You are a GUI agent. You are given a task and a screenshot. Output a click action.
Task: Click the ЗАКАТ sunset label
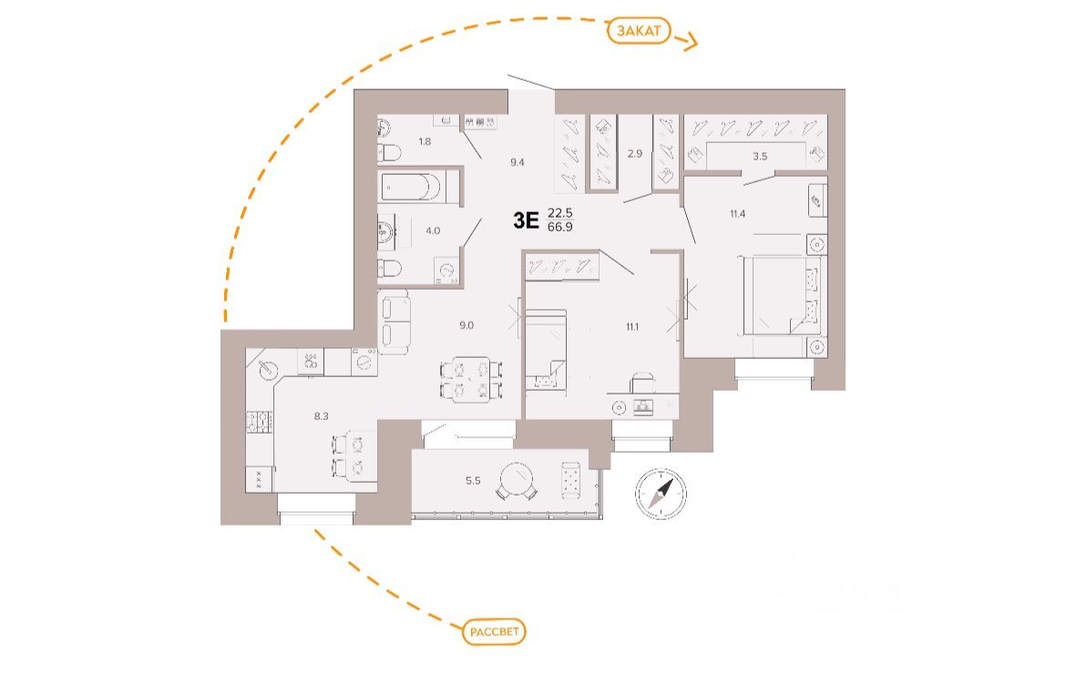point(640,31)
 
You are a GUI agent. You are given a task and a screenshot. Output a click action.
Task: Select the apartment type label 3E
point(527,219)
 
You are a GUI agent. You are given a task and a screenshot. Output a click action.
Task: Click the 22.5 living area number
point(559,213)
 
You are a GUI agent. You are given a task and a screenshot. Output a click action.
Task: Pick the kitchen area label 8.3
point(322,416)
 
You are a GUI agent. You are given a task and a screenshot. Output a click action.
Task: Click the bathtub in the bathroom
point(410,189)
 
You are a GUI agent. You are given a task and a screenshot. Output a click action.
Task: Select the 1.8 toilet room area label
point(425,141)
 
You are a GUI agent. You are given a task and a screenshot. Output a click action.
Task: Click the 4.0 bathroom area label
point(433,230)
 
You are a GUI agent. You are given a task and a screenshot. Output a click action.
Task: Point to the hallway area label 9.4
point(517,162)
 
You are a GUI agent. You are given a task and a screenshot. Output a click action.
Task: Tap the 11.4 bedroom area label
point(738,215)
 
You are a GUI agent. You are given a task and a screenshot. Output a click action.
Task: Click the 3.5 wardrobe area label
point(760,157)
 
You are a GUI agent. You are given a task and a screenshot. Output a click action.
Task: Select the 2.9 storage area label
point(634,153)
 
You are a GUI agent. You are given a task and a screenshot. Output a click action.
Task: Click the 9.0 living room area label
point(466,323)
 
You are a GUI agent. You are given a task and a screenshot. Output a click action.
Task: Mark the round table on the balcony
point(516,493)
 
